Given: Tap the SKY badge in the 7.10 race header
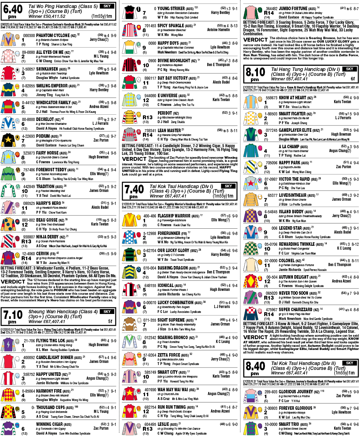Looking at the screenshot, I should pyautogui.click(x=107, y=312).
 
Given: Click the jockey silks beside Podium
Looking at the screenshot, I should pyautogui.click(x=7, y=139).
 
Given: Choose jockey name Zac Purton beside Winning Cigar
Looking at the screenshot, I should pyautogui.click(x=101, y=428).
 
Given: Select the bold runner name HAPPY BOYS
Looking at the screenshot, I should pyautogui.click(x=168, y=43).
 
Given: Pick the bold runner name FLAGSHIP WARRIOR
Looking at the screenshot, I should pyautogui.click(x=174, y=216).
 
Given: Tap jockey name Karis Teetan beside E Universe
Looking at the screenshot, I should pyautogui.click(x=221, y=100).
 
